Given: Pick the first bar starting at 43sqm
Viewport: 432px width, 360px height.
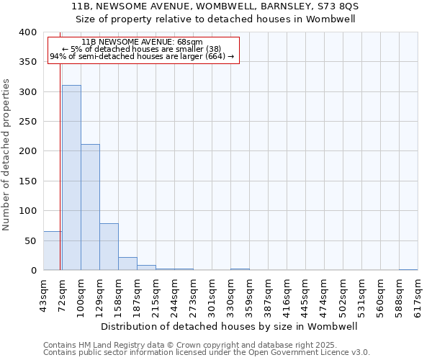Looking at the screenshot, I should [x=53, y=251].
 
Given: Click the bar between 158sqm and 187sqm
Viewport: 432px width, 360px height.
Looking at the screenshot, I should [x=127, y=264].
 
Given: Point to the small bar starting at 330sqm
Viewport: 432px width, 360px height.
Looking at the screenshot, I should [x=240, y=269].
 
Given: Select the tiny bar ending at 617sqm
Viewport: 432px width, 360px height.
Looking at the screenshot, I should [x=408, y=269].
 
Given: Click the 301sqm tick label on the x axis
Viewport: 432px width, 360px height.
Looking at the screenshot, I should [x=212, y=293].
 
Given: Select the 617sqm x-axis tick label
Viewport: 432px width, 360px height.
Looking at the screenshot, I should [x=418, y=293].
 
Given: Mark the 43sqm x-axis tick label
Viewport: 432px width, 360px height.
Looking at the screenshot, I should [x=43, y=293].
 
